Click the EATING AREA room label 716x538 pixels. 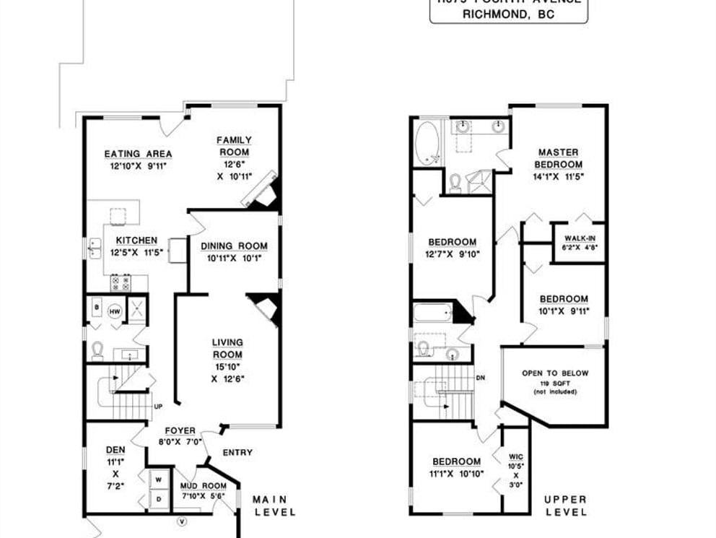(138, 154)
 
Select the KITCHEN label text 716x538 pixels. (134, 240)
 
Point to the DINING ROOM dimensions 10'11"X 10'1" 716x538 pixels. (235, 257)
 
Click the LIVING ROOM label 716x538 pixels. (227, 348)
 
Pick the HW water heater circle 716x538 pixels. (114, 312)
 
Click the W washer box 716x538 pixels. (157, 480)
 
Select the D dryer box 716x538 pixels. (157, 498)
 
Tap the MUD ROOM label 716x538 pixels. (198, 486)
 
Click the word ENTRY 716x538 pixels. (237, 453)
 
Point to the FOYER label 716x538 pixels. (180, 431)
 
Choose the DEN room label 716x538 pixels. (115, 449)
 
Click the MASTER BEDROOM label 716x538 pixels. (559, 158)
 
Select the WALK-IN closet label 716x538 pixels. (580, 238)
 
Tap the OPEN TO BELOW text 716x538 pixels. (555, 373)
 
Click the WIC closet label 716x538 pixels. (515, 456)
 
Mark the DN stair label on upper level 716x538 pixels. (480, 378)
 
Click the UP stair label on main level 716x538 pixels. (158, 407)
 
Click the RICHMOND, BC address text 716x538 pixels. (508, 14)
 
